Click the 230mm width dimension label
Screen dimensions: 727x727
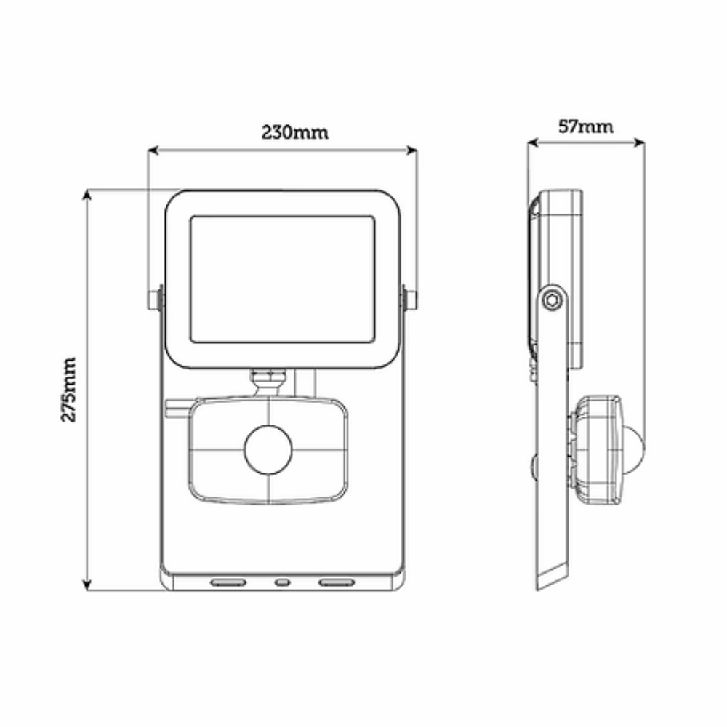click(x=295, y=132)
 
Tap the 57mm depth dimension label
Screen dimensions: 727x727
click(x=585, y=126)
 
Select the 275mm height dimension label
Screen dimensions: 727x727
click(x=68, y=390)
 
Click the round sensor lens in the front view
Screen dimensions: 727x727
click(x=268, y=450)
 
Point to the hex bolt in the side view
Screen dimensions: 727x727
click(x=552, y=301)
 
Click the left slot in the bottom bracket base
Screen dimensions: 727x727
click(x=228, y=582)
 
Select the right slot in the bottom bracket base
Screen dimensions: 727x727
click(x=336, y=582)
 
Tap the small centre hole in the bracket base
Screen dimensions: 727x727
click(x=282, y=582)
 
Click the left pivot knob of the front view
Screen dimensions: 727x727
click(x=155, y=300)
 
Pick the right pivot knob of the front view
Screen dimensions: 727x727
click(x=409, y=300)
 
